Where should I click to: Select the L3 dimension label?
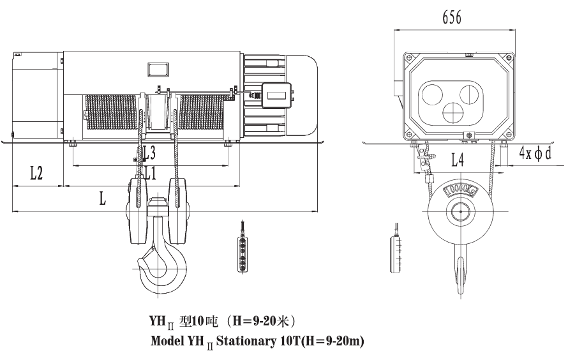coord(148,153)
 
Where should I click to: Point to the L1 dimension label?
coord(151,172)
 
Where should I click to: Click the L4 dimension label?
coord(458,160)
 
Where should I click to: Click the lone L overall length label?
coord(103,198)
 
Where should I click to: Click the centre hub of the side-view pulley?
coord(460,213)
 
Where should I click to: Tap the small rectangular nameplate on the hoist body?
coord(156,69)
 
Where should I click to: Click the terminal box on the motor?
coord(276,96)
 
